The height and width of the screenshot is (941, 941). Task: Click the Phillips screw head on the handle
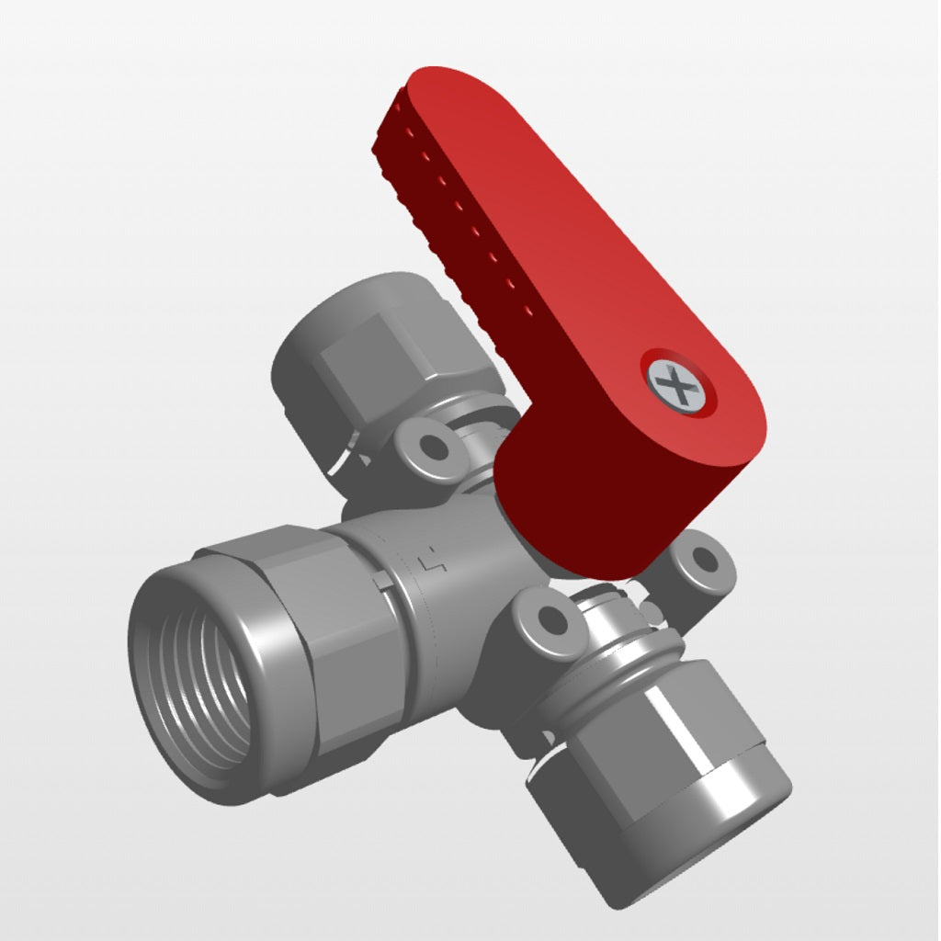pos(678,384)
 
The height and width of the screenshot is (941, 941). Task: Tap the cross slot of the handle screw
pos(678,384)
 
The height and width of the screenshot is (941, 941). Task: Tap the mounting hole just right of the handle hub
pos(704,558)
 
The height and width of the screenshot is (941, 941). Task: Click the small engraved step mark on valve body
pos(430,560)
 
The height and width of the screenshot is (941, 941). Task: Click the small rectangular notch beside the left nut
pos(380,584)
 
